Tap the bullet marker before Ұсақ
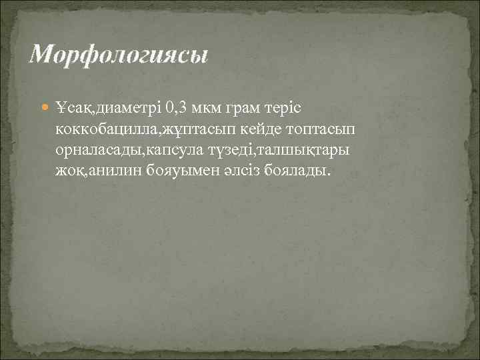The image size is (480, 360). (x=45, y=107)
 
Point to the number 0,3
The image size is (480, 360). (x=178, y=107)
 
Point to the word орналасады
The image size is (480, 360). (x=96, y=149)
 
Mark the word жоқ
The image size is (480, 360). (x=69, y=171)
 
